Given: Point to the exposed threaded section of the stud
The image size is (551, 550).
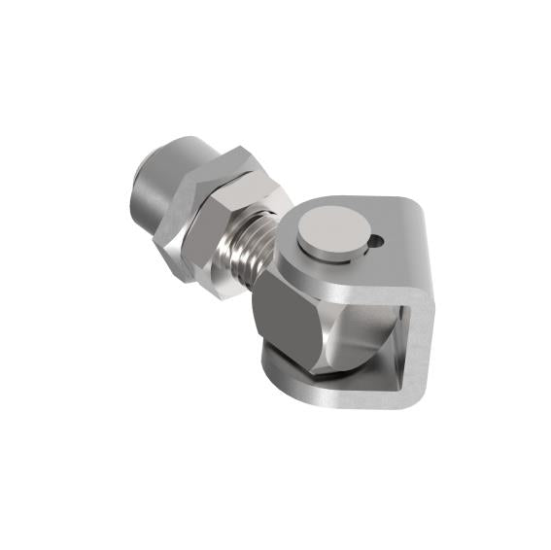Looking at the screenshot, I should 252,255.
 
